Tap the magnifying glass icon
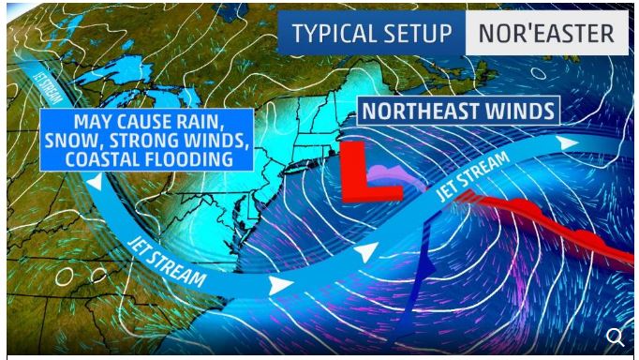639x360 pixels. (615, 337)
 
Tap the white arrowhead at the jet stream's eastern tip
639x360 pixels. (568, 142)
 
